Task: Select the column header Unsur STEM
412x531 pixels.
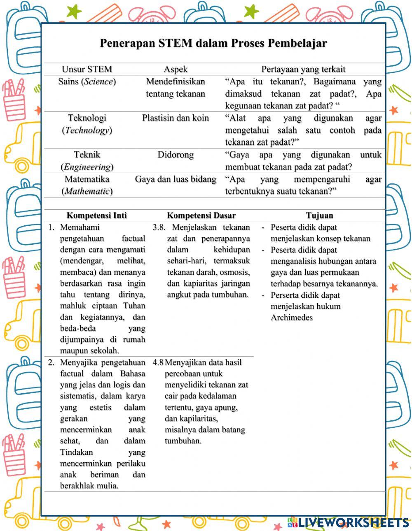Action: [87, 69]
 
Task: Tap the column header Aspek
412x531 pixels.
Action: [176, 69]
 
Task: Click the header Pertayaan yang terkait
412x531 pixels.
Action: [303, 69]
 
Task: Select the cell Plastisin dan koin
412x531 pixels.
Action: [176, 118]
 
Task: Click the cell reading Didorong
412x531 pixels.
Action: [176, 155]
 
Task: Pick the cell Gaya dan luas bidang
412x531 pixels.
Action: [176, 179]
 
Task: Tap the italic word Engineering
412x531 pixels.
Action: [87, 167]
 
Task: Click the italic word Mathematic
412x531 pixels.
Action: [87, 191]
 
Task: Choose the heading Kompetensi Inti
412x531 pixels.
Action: [97, 216]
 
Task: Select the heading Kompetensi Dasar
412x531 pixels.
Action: [201, 216]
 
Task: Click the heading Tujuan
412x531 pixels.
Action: [319, 216]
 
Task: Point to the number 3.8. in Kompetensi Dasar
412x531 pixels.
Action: [159, 227]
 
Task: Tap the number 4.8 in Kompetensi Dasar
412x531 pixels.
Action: [158, 363]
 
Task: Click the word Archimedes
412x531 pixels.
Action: [292, 318]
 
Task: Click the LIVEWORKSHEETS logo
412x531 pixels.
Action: [348, 522]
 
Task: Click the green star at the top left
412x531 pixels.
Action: [74, 11]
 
